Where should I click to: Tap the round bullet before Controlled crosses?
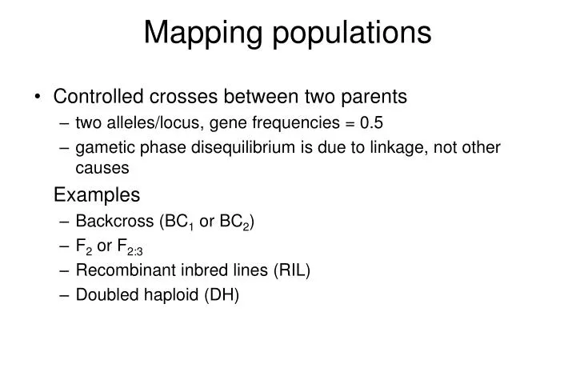coord(38,98)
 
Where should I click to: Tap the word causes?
coord(102,169)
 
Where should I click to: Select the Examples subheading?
coord(96,195)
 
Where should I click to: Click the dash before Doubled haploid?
coord(64,295)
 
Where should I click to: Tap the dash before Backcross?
coord(64,221)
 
